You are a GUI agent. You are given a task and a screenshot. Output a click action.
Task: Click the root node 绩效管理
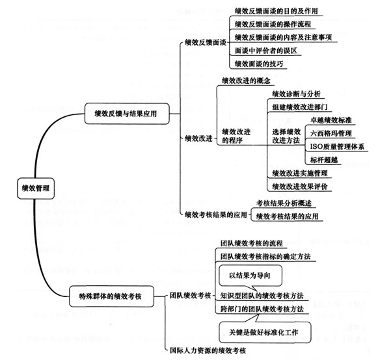click(x=36, y=188)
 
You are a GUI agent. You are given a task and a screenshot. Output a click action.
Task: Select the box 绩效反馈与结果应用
click(x=127, y=114)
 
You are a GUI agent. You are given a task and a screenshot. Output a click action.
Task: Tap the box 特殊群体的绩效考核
click(x=111, y=296)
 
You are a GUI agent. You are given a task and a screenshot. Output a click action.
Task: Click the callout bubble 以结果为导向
click(x=250, y=276)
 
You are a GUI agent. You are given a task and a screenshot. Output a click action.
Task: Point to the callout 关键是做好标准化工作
click(x=265, y=332)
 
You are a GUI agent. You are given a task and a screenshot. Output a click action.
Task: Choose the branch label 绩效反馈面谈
click(x=206, y=43)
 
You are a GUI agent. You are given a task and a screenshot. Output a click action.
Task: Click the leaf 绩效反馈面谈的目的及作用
click(x=277, y=11)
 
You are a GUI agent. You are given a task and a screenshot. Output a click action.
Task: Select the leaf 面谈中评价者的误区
click(x=266, y=51)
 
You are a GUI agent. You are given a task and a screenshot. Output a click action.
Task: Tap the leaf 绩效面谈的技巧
click(x=259, y=64)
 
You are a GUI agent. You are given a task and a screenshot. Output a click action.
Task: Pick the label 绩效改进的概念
click(x=246, y=81)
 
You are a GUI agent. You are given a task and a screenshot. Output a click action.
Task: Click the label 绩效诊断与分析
click(x=296, y=94)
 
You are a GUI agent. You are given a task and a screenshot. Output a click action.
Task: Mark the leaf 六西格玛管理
click(x=331, y=133)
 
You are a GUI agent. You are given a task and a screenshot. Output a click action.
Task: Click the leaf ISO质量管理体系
click(x=337, y=147)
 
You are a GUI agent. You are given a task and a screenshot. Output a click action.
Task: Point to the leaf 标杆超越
click(x=324, y=160)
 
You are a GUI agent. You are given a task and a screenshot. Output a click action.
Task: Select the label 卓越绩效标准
click(x=331, y=120)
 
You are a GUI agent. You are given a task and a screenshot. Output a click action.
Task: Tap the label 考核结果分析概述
click(x=284, y=203)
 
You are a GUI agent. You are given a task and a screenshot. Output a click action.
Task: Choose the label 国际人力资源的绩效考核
click(x=208, y=350)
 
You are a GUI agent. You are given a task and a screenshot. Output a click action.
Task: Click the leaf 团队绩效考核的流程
click(x=252, y=244)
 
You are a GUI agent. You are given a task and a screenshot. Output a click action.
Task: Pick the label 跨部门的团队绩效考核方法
click(x=262, y=309)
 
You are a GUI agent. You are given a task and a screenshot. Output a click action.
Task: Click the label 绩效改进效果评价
click(x=300, y=186)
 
